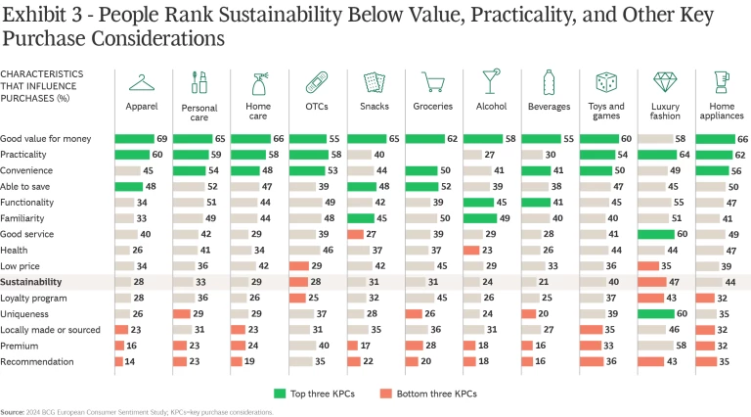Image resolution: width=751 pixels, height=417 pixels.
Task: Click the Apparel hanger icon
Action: pos(142,83)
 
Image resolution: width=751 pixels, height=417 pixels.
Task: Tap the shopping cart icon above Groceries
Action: pos(431,83)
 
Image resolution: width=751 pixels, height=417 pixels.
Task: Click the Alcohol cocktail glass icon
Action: pos(489,83)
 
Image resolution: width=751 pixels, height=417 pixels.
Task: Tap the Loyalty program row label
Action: pos(35,298)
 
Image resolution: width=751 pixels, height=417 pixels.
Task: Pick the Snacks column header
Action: pos(374,106)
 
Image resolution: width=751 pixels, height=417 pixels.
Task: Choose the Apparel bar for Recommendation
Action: pos(118,361)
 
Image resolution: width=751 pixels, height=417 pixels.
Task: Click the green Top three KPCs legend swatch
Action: pos(282,393)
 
